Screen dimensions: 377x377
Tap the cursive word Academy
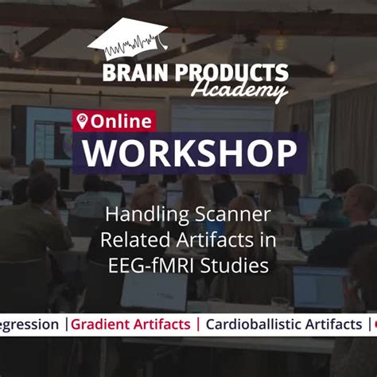[x=252, y=92]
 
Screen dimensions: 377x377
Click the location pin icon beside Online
[x=81, y=122]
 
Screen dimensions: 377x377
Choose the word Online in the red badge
[x=121, y=122]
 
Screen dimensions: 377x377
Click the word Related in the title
[x=130, y=240]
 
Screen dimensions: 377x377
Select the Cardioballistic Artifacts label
[x=283, y=325]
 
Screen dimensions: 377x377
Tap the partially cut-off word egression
[x=29, y=325]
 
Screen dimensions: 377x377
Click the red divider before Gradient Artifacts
[x=68, y=325]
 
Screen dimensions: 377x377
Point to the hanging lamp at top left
[x=16, y=52]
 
